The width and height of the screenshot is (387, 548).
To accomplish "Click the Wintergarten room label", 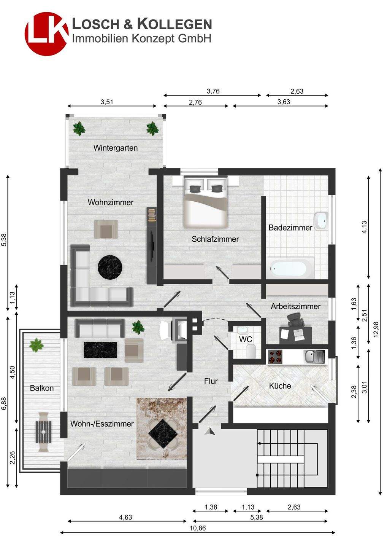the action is coord(115,148).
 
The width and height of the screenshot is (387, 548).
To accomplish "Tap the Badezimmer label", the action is coord(290,228).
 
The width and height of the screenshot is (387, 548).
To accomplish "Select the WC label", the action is coord(246,339).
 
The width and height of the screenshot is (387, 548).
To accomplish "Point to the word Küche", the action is coord(280,386).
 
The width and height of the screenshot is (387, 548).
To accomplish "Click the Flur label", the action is coord(211,381).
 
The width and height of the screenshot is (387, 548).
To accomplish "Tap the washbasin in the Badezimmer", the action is coord(321,221).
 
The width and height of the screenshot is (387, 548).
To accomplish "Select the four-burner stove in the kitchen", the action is coord(275,356).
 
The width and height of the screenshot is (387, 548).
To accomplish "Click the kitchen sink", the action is coord(314,357).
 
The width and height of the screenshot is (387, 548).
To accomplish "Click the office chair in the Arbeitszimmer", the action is coord(295,320).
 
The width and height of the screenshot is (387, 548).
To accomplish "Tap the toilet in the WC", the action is coord(251,351).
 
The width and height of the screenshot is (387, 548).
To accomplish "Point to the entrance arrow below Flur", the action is coord(210,432).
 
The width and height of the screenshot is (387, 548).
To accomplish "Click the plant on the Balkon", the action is coord(36,345).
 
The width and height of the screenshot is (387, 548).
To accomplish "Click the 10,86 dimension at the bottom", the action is coord(198,535).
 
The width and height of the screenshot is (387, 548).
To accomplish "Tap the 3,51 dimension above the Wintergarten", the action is coord(107,102).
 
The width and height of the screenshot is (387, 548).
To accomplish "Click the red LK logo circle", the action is coord(46,34).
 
